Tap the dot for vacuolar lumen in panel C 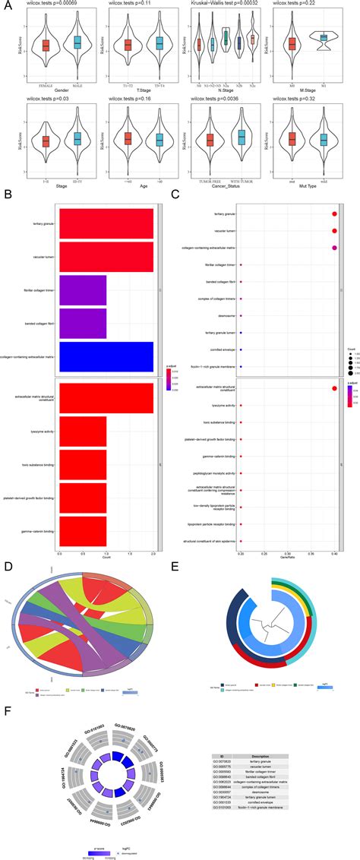click(x=334, y=231)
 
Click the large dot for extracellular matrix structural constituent click(x=334, y=389)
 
